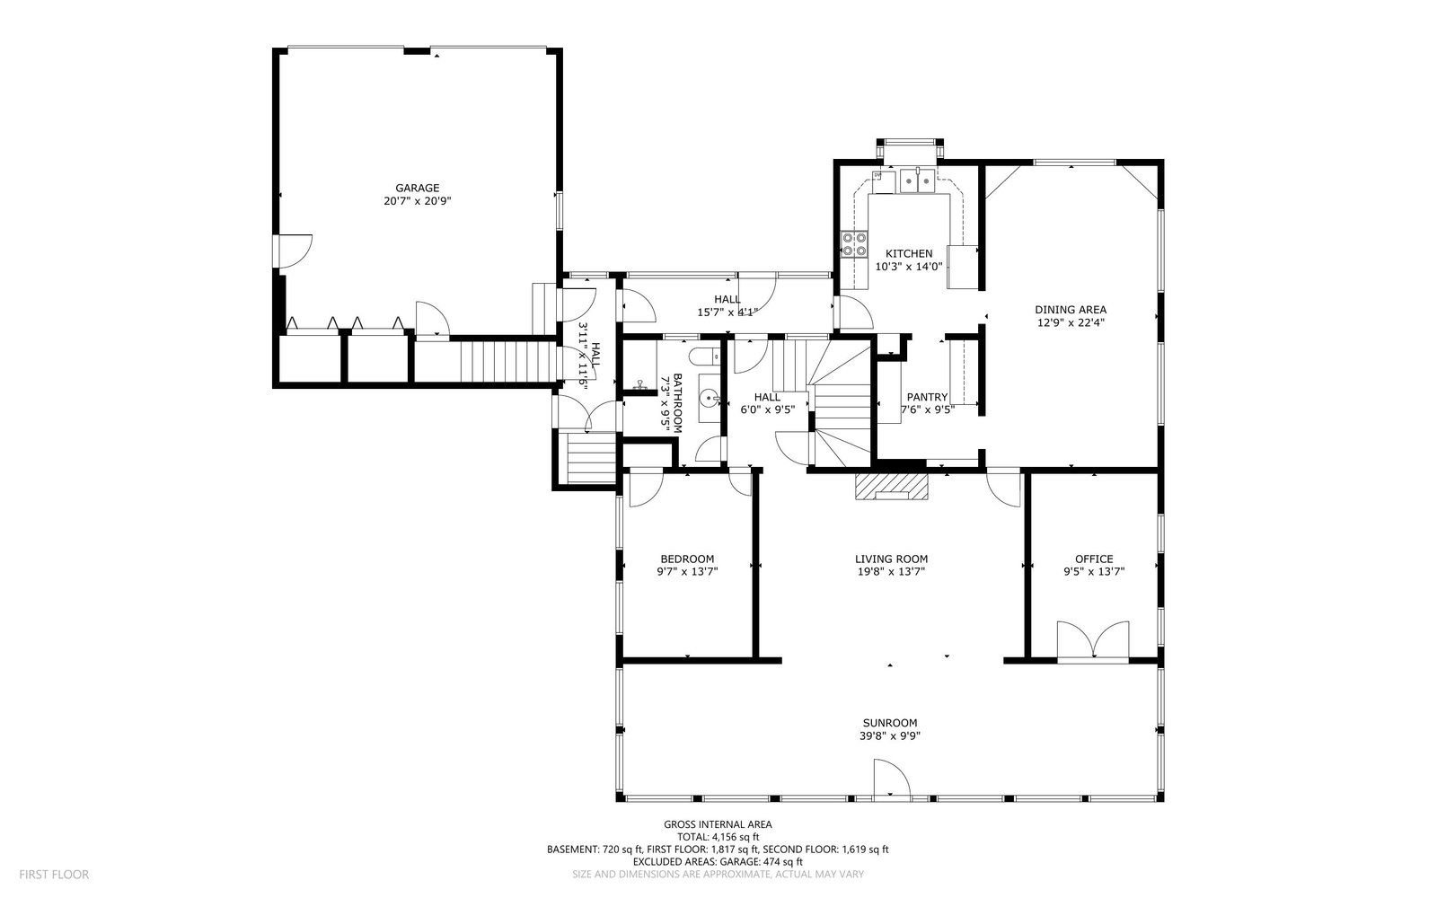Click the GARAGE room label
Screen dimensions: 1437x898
coord(417,188)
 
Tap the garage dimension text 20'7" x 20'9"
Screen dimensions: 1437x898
coord(417,201)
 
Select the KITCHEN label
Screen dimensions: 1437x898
coord(909,253)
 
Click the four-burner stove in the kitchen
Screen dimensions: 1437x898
coord(854,243)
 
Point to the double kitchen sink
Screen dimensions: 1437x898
coord(917,180)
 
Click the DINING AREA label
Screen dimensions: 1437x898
coord(1071,310)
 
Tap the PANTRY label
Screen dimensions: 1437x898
coord(927,397)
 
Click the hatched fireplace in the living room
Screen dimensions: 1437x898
coord(892,486)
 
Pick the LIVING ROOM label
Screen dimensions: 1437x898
coord(891,559)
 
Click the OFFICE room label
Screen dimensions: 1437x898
coord(1094,559)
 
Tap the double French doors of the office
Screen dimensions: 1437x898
coord(1093,639)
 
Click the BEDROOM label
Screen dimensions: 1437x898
coord(687,559)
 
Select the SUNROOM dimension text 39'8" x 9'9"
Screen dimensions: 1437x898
coord(890,735)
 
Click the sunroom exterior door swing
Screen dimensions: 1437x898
coord(893,779)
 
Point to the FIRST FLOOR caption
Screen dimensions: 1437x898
coord(54,875)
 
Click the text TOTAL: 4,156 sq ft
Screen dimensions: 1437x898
coord(718,837)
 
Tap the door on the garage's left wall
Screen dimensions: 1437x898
coord(292,251)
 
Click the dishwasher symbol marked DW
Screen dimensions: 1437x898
coord(877,174)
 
